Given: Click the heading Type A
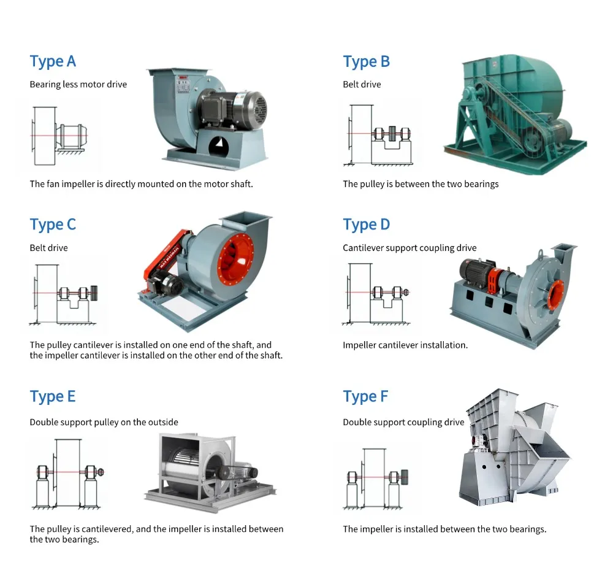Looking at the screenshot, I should click(53, 61).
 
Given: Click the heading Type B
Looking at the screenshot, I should click(366, 61).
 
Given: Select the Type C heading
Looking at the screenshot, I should click(53, 225).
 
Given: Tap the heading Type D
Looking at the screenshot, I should click(366, 225).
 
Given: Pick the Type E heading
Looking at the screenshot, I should click(53, 396).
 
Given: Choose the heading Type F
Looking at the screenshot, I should click(365, 396).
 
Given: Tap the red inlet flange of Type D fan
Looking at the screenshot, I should click(555, 294).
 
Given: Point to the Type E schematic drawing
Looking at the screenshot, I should click(67, 473).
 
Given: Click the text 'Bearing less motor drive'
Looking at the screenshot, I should click(78, 84).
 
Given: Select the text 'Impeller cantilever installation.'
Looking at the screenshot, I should click(405, 345).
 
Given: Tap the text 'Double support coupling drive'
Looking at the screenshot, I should click(403, 422).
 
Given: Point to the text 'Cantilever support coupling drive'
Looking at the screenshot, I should click(409, 248).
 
